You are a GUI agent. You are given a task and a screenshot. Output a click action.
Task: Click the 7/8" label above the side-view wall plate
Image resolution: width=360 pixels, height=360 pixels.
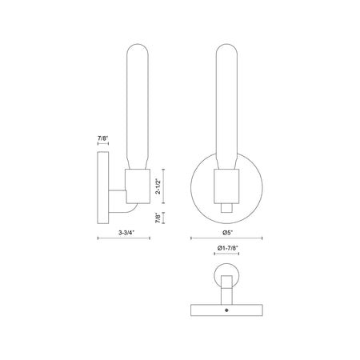(x=102, y=138)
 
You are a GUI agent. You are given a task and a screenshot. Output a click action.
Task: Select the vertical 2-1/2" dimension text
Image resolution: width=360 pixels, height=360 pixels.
(x=158, y=186)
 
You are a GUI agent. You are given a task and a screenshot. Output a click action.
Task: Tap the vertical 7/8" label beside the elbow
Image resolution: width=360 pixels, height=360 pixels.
(x=158, y=218)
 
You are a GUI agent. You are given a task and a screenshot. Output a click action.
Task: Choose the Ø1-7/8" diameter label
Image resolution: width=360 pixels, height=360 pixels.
(x=227, y=248)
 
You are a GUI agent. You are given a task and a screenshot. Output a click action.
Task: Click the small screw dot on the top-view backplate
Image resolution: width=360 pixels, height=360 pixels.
(x=226, y=310)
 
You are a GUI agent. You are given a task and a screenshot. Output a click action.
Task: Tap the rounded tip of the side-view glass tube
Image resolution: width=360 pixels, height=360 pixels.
(x=138, y=44)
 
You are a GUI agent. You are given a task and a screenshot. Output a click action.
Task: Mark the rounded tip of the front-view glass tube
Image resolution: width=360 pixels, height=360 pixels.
(x=226, y=44)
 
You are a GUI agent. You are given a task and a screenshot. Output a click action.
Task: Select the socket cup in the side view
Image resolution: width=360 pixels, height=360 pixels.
(x=138, y=186)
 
